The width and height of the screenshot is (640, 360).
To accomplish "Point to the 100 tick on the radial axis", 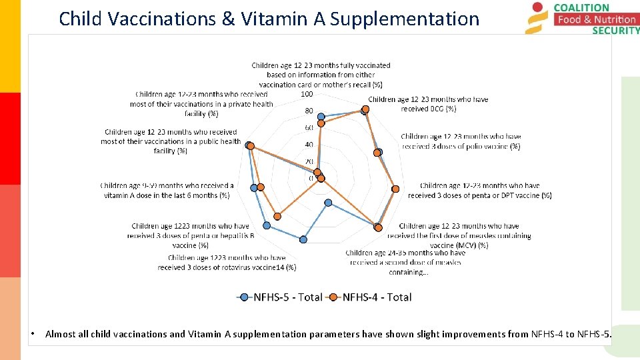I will [x=307, y=94].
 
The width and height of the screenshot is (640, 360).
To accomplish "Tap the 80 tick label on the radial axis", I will [x=308, y=111].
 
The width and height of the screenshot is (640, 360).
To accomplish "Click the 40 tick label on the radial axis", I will [x=308, y=145].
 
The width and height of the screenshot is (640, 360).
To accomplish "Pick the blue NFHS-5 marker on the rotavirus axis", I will [x=303, y=239].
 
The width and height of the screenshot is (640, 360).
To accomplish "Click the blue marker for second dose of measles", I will [x=327, y=202].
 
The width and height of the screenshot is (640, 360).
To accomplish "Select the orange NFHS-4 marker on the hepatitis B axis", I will [x=278, y=215].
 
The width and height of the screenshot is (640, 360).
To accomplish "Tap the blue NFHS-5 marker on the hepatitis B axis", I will [x=267, y=224].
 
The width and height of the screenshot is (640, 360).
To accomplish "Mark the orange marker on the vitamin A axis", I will [x=261, y=187].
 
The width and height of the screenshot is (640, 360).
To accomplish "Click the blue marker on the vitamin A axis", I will [x=253, y=188].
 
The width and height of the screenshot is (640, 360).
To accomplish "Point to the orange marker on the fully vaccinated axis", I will [x=321, y=123].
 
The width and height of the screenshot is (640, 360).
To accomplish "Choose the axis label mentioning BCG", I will [x=428, y=104].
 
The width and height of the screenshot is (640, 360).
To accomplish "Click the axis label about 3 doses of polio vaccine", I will [x=460, y=141].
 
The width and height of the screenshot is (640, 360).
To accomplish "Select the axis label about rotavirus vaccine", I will [x=227, y=263].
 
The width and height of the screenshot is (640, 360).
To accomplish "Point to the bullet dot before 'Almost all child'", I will [x=32, y=334].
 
